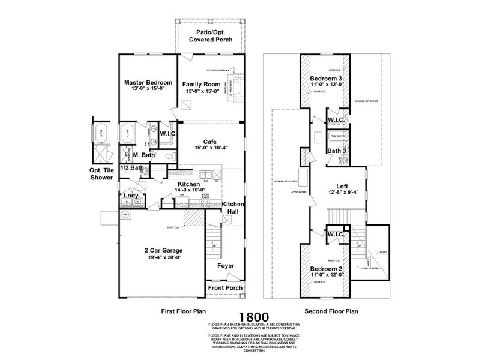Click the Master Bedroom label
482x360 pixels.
[148, 82]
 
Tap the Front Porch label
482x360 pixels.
[225, 289]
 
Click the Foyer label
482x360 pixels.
[226, 265]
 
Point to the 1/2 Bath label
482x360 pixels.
[132, 168]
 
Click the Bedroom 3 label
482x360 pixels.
[327, 79]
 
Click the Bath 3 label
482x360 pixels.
[336, 151]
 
